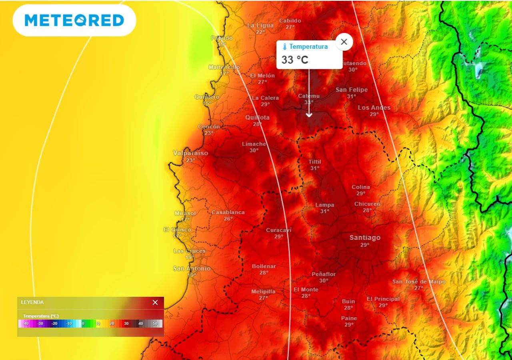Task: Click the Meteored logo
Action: [74, 20]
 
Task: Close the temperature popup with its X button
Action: [344, 42]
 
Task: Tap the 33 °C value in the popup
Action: [295, 60]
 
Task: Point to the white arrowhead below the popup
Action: [309, 115]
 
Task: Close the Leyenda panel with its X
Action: [155, 302]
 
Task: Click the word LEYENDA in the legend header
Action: [32, 302]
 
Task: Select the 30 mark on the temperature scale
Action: [126, 323]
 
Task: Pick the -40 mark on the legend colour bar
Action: [26, 323]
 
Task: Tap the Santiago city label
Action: [365, 238]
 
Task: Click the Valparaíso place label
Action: [190, 153]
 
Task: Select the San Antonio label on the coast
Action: [192, 268]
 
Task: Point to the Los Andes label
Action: [374, 108]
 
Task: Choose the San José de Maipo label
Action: [419, 282]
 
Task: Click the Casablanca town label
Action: [228, 212]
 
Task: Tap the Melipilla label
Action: [263, 292]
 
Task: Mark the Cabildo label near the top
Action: [290, 21]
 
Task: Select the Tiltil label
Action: [315, 162]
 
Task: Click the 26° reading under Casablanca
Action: [228, 219]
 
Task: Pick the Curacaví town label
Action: [279, 230]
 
